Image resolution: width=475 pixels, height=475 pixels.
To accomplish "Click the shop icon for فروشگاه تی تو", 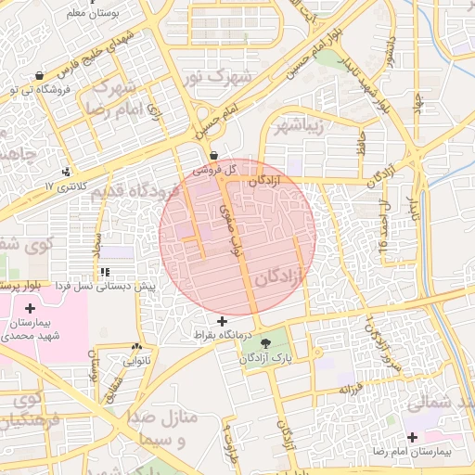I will [38, 76].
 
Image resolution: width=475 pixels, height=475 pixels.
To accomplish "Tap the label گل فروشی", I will [214, 171].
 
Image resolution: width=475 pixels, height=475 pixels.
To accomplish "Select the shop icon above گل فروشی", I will [214, 156].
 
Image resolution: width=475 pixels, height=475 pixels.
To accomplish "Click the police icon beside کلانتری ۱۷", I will [65, 173].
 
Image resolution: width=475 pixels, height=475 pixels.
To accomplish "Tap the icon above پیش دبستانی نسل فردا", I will [104, 272].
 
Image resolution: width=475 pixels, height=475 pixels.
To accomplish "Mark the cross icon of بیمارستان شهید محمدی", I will [31, 307].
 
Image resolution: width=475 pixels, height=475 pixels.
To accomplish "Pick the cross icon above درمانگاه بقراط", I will [221, 320].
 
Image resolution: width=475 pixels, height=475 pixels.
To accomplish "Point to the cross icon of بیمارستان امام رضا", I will [412, 436].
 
